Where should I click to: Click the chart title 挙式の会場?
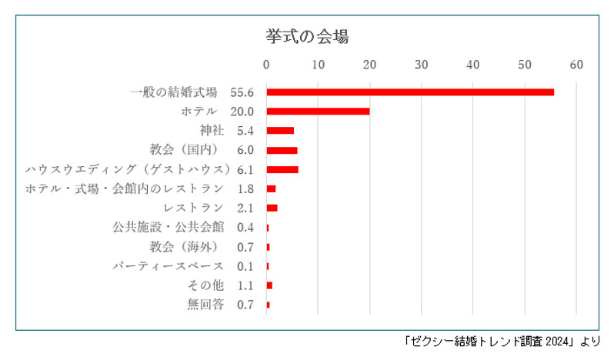(308, 36)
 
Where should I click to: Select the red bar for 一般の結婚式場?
(410, 92)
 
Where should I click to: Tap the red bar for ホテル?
(318, 112)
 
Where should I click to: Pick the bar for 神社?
(280, 131)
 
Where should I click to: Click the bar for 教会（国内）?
(282, 150)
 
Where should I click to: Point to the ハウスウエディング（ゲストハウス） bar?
(282, 169)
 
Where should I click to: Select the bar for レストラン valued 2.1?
(272, 208)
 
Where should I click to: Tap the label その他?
(205, 285)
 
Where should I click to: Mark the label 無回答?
(205, 305)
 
